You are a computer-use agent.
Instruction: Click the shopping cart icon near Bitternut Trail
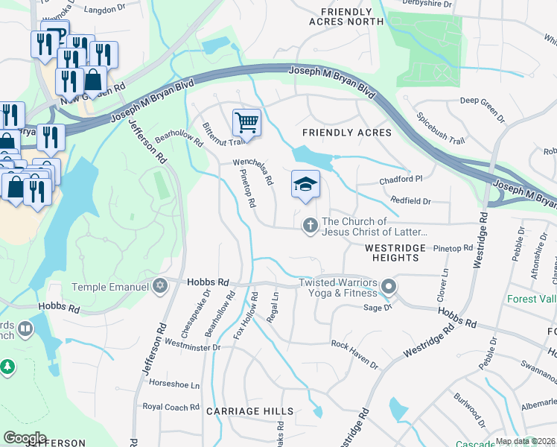[x=246, y=122]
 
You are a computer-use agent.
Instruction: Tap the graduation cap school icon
[x=305, y=185]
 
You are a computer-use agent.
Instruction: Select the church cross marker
[x=311, y=225]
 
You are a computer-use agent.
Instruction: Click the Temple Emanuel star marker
[x=159, y=286]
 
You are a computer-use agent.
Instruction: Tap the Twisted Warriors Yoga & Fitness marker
[x=387, y=287]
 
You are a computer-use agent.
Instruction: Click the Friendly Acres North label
[x=346, y=17]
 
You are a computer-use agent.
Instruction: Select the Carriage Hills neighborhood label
[x=249, y=411]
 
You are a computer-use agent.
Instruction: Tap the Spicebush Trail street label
[x=440, y=128]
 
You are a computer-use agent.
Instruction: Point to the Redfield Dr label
[x=410, y=201]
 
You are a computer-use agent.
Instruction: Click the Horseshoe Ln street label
[x=175, y=385]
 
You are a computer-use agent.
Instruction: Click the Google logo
[x=25, y=437]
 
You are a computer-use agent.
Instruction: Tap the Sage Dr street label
[x=378, y=307]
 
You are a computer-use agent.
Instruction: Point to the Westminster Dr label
[x=193, y=346]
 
